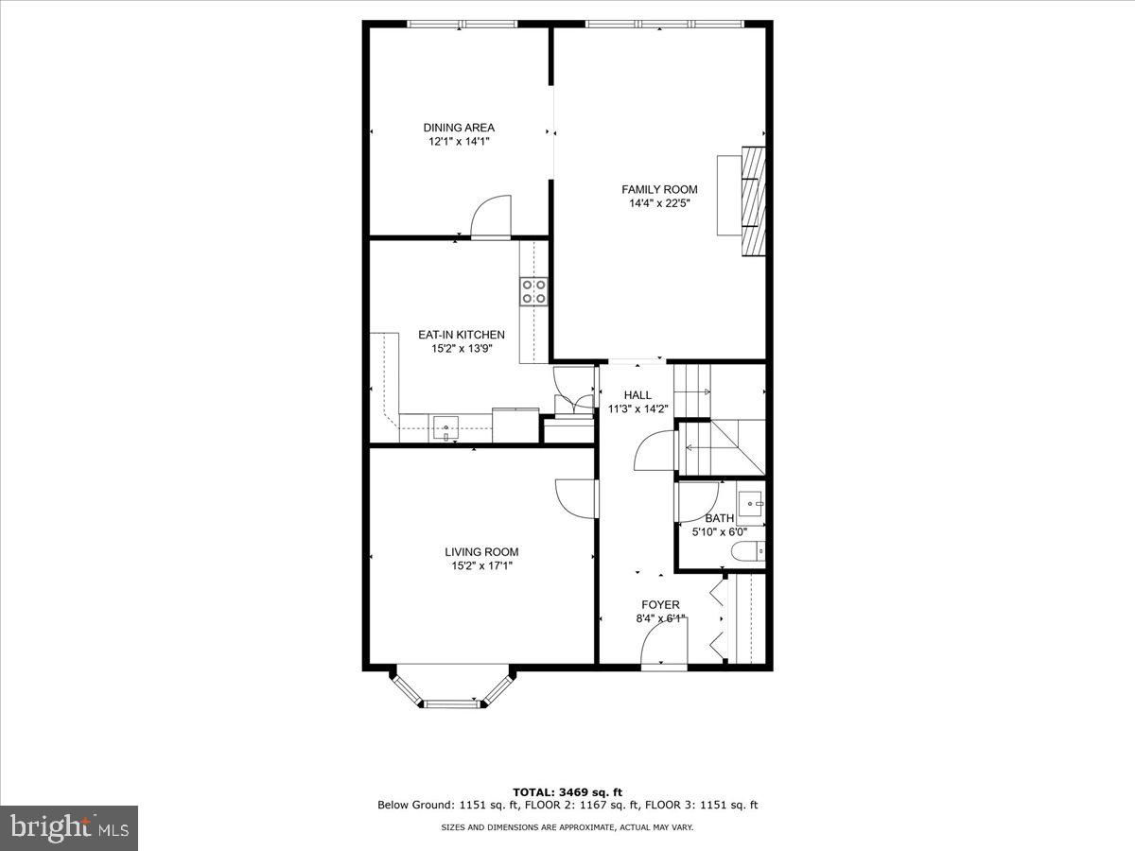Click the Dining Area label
point(459,128)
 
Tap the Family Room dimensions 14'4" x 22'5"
point(659,203)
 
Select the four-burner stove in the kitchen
point(533,292)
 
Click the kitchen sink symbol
point(445,427)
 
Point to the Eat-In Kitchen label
point(462,335)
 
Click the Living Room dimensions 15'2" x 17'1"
point(482,565)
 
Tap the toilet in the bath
point(748,551)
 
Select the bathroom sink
point(751,504)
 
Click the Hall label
point(637,395)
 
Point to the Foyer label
point(660,604)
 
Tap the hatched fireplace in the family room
point(754,201)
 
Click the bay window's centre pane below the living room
point(452,703)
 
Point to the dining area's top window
point(463,24)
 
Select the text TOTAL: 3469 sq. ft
point(567,808)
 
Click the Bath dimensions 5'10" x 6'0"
point(720,531)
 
